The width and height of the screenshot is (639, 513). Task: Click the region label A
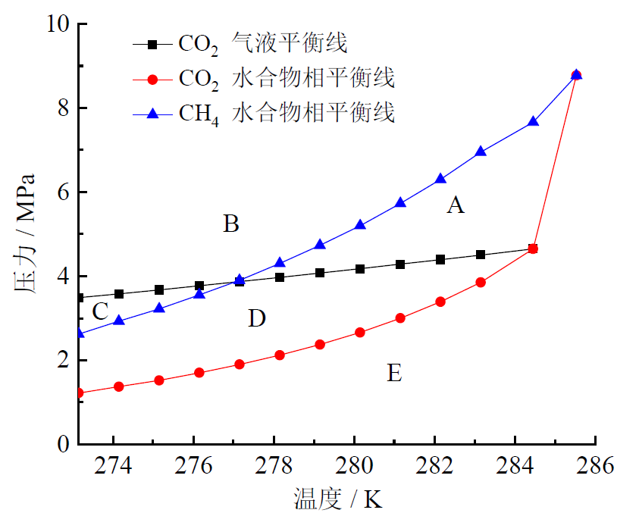click(455, 205)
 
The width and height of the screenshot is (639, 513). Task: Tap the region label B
click(231, 224)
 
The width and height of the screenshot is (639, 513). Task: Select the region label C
click(100, 311)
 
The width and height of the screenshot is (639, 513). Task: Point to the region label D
click(257, 318)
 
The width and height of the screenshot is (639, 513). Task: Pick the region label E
click(394, 373)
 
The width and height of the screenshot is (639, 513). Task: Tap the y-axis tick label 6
click(61, 192)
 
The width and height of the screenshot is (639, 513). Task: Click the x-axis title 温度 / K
click(337, 499)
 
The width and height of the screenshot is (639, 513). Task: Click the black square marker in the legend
click(152, 45)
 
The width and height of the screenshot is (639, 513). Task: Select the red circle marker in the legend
click(152, 79)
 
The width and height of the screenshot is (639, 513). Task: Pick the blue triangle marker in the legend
click(152, 113)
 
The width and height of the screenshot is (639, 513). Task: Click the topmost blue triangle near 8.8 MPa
click(576, 74)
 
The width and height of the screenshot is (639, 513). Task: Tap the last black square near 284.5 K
click(533, 249)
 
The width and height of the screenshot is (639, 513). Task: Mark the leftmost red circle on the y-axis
click(80, 393)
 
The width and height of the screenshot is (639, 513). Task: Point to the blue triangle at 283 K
click(480, 151)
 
